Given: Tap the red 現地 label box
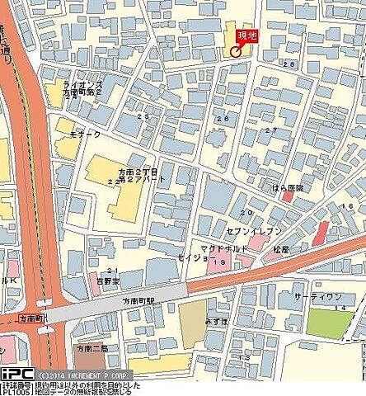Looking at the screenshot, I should coord(246,35).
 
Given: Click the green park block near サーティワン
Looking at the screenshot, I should coord(326,323).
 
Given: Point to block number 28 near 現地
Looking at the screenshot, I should coord(289,64).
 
